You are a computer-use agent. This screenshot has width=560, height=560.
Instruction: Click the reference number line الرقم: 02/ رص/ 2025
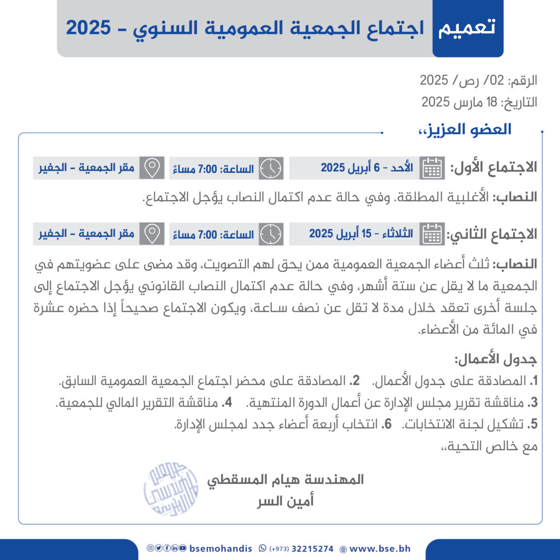pos(479,81)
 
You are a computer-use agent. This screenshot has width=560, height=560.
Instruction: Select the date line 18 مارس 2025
pos(479,102)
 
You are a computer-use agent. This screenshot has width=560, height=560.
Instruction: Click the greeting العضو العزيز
pos(464,130)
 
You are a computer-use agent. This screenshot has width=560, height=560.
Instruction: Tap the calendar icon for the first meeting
pos(432,168)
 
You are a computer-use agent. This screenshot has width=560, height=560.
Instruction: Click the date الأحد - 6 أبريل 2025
pos(367,168)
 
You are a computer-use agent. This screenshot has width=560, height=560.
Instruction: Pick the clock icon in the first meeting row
pos(271,168)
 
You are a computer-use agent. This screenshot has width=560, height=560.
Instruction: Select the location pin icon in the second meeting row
pos(151,234)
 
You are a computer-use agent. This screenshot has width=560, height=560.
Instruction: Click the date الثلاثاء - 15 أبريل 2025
pos(361,234)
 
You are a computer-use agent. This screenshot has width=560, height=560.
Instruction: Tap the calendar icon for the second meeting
pos(432,234)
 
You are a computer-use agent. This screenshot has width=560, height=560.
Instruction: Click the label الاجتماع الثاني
pos(492,234)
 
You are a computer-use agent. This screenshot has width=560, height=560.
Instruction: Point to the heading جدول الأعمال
pos(495,360)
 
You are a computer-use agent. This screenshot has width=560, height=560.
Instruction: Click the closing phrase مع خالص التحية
pos(489,446)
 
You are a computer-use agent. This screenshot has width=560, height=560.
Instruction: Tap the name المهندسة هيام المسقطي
pos(285,480)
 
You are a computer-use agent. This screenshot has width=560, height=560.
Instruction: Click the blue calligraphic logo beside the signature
pos(171,489)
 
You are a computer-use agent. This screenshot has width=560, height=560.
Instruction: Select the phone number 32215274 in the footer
pos(312,549)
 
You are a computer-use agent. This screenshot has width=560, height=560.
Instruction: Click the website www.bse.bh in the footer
pos(380,549)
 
